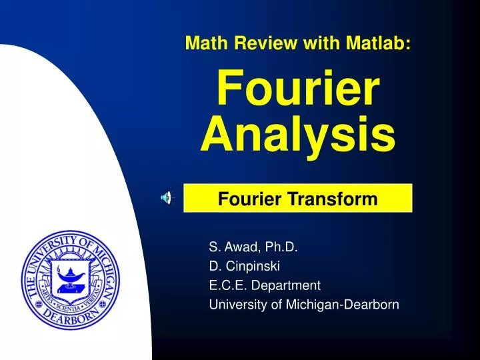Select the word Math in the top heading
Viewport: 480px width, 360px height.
click(x=205, y=43)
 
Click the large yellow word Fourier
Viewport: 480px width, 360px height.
click(x=298, y=89)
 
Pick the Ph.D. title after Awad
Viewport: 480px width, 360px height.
click(x=281, y=247)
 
